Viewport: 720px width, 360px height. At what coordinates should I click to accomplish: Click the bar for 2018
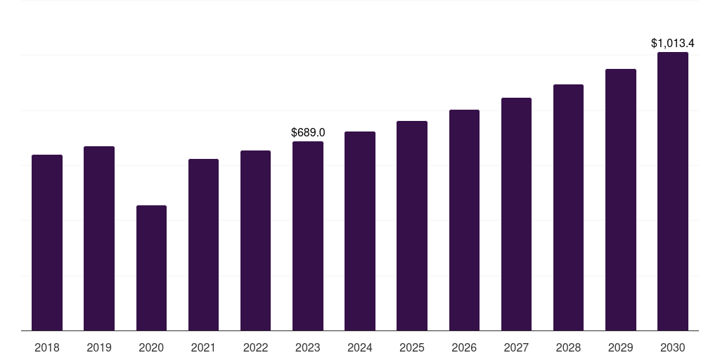coord(47,243)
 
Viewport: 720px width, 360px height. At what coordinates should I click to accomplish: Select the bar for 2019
coord(99,238)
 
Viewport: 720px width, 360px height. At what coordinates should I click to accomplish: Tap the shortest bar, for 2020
coord(152,268)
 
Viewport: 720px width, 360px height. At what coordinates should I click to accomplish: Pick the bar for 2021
coord(203,245)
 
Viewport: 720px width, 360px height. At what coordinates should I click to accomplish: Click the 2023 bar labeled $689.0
coord(308,236)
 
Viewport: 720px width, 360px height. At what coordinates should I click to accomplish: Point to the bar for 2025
coord(412,226)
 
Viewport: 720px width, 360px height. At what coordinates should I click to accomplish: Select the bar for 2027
coord(516,214)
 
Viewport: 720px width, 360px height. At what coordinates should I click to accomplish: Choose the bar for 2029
coord(621,200)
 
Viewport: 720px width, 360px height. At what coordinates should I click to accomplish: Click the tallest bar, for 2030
coord(673,191)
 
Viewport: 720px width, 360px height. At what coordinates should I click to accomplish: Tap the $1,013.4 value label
coord(673,43)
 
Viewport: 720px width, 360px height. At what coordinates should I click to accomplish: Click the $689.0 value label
coord(308,133)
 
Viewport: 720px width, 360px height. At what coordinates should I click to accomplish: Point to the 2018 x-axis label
coord(47,347)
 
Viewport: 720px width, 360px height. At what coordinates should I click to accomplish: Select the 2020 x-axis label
coord(151,347)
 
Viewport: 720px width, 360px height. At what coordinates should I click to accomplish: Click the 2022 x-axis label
coord(255,347)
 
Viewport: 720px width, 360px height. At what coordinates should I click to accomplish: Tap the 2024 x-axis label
coord(359,347)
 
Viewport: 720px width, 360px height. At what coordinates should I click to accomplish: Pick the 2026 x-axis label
coord(464,347)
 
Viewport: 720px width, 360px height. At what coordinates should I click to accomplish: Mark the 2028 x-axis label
coord(568,347)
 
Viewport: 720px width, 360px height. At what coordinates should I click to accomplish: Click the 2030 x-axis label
coord(673,347)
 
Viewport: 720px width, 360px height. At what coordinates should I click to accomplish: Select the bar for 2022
coord(255,240)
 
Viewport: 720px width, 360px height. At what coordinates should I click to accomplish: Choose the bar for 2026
coord(464,220)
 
